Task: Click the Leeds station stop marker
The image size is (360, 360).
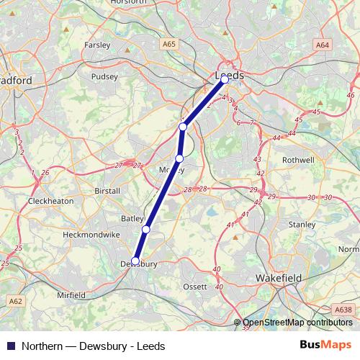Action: point(225,80)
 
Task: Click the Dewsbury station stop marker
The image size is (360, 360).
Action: point(135,261)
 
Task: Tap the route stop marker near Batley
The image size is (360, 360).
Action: point(145,229)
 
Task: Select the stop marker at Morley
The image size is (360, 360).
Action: point(179,158)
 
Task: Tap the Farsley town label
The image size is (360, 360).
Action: point(97,45)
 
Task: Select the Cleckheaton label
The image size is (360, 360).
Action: point(50,201)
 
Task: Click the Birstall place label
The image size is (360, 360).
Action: point(109,192)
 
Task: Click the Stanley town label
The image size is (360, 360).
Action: point(302,225)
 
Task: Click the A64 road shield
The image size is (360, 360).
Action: point(322,45)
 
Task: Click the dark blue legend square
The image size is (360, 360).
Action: point(11,346)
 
